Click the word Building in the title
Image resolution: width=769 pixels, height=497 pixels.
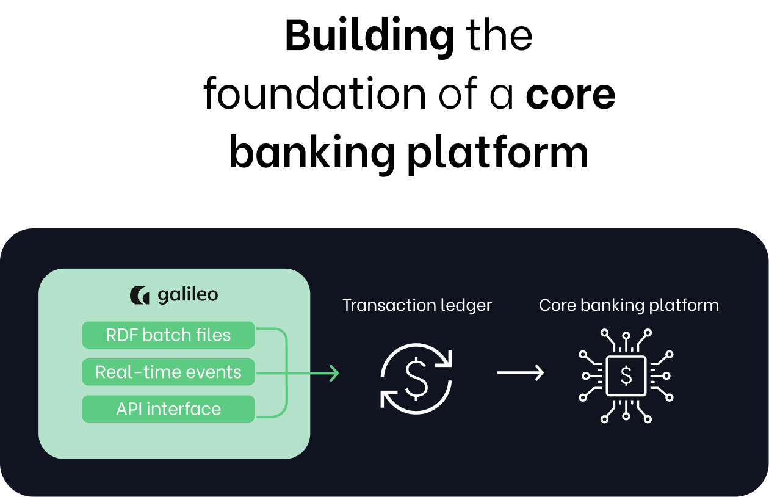point(369,36)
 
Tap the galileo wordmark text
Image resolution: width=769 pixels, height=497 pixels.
point(187,296)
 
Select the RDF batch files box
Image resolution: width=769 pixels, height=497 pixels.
point(168,335)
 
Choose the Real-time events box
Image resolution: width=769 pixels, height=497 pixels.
point(168,372)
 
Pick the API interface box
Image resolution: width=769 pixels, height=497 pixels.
point(168,408)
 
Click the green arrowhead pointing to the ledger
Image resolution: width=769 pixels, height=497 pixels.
point(333,372)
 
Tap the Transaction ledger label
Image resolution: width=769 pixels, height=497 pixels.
point(417,305)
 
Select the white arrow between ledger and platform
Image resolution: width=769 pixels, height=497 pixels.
point(520,372)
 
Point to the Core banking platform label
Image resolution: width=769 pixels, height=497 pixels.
point(629,305)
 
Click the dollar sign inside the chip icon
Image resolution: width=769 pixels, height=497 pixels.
point(626,375)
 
